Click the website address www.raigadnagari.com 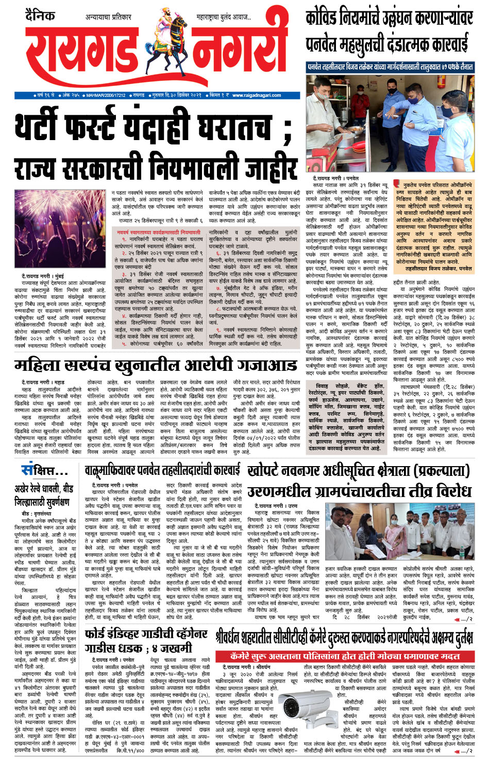click(x=256, y=95)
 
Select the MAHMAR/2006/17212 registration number click(x=106, y=95)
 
